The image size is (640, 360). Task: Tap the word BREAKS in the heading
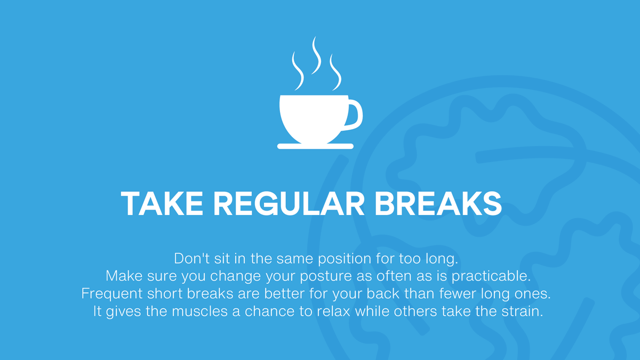click(x=438, y=203)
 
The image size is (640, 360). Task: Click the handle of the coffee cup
click(x=354, y=115)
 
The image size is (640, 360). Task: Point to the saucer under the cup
click(x=315, y=146)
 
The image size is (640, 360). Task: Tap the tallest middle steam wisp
click(x=316, y=55)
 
